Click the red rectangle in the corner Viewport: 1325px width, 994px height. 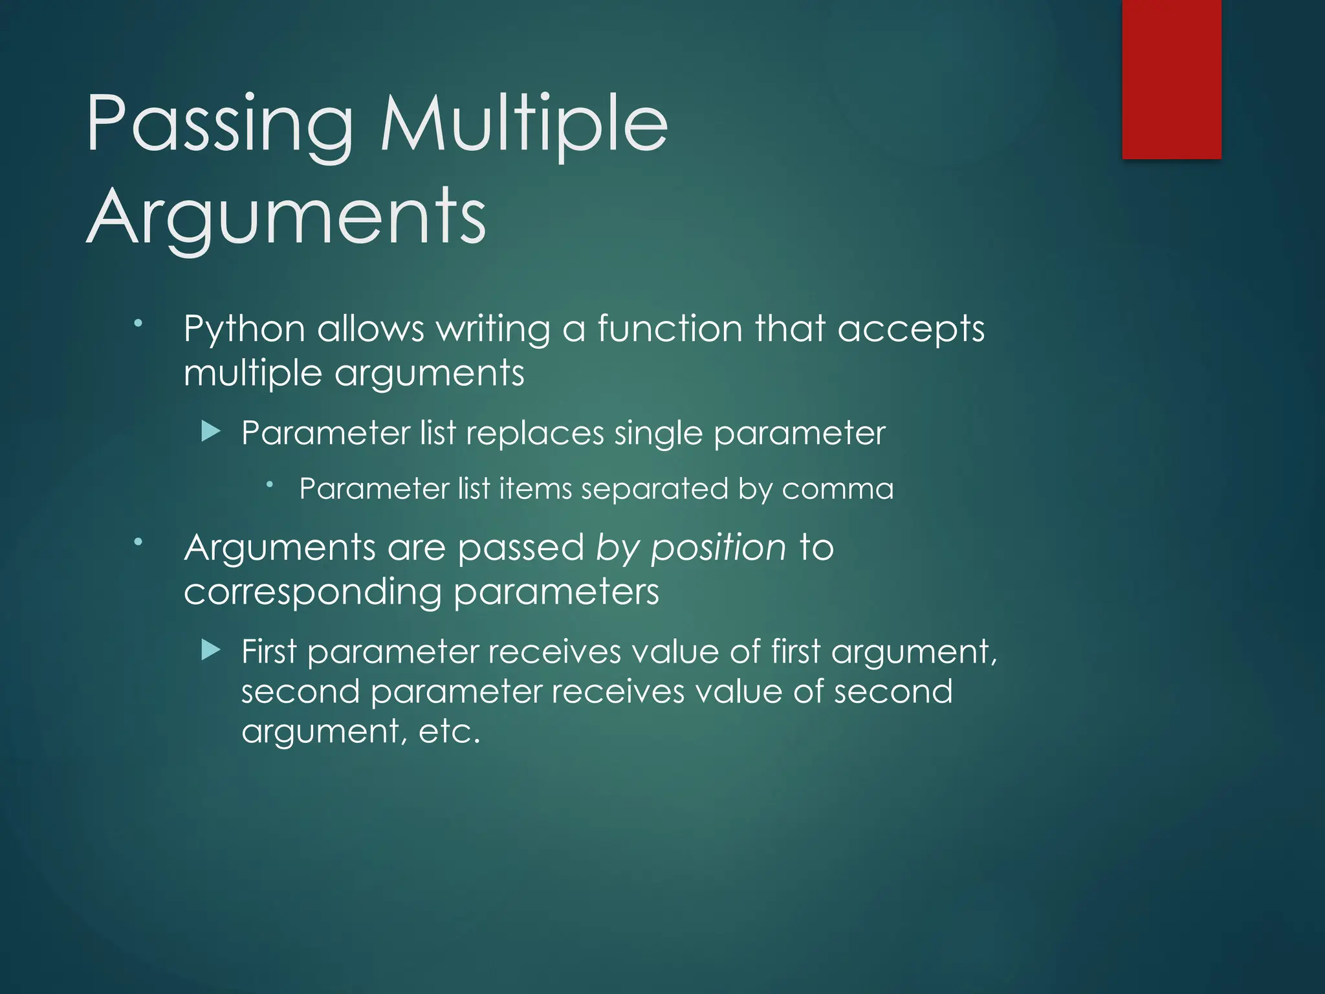[1171, 79]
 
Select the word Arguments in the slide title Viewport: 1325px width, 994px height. [286, 216]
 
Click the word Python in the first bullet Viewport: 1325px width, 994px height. [244, 329]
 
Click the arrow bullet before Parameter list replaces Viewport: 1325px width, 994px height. [211, 431]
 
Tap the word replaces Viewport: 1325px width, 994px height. [534, 433]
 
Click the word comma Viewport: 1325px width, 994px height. [837, 489]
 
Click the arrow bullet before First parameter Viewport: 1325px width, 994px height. [211, 650]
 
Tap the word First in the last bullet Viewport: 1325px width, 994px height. [268, 651]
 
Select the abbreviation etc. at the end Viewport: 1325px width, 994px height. [449, 731]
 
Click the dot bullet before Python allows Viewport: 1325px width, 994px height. [138, 322]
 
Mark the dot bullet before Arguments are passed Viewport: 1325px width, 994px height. [138, 542]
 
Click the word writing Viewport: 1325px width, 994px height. [494, 329]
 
